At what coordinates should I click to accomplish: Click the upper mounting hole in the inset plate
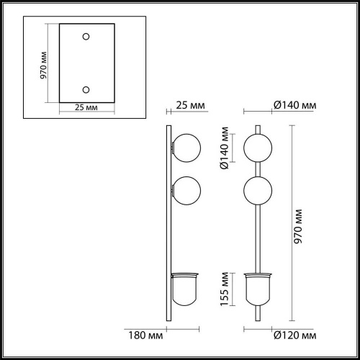coord(86,36)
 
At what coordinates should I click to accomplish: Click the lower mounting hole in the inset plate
coord(86,89)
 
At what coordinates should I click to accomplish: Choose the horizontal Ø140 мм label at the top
coord(296,106)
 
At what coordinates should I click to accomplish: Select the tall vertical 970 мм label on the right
coord(300,222)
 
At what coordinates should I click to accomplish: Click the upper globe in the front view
coord(258,148)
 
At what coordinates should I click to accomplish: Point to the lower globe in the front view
coord(258,191)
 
